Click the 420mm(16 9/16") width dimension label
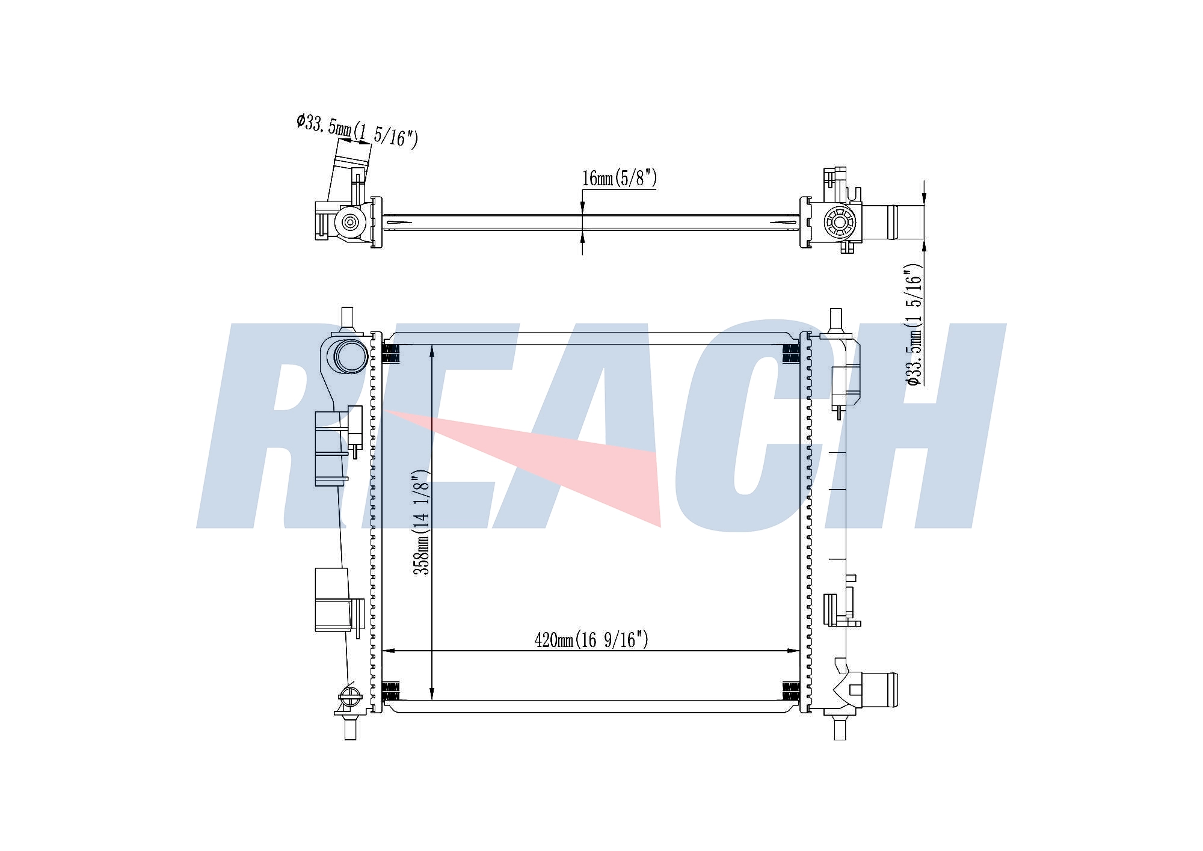tap(591, 640)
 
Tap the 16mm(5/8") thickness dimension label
tap(620, 178)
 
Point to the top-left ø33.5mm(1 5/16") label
tap(357, 131)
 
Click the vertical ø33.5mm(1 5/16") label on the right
tap(913, 325)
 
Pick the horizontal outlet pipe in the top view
tap(893, 222)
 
